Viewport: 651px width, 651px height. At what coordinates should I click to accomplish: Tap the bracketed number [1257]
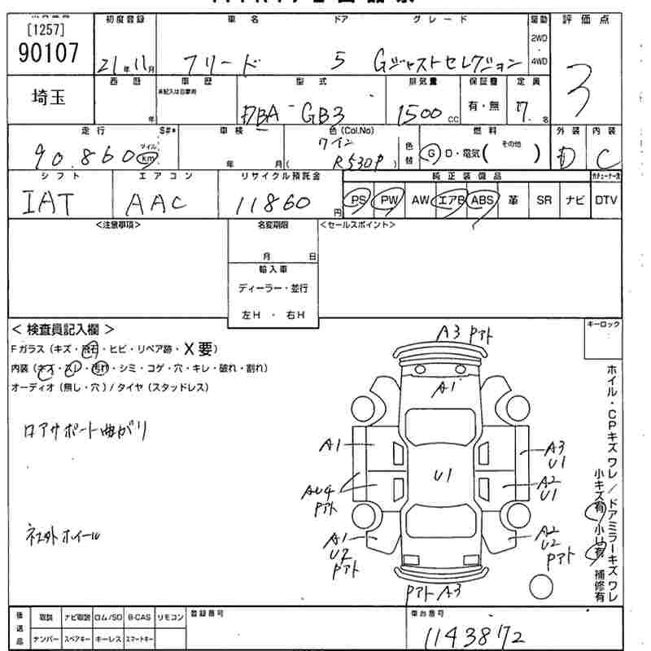tap(46, 30)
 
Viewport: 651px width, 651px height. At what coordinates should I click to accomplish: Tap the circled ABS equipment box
tap(482, 200)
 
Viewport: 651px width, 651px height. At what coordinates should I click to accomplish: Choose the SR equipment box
tap(544, 200)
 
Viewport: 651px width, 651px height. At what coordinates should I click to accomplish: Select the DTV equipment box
tap(605, 200)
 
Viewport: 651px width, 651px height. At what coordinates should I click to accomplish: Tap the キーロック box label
tap(603, 325)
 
